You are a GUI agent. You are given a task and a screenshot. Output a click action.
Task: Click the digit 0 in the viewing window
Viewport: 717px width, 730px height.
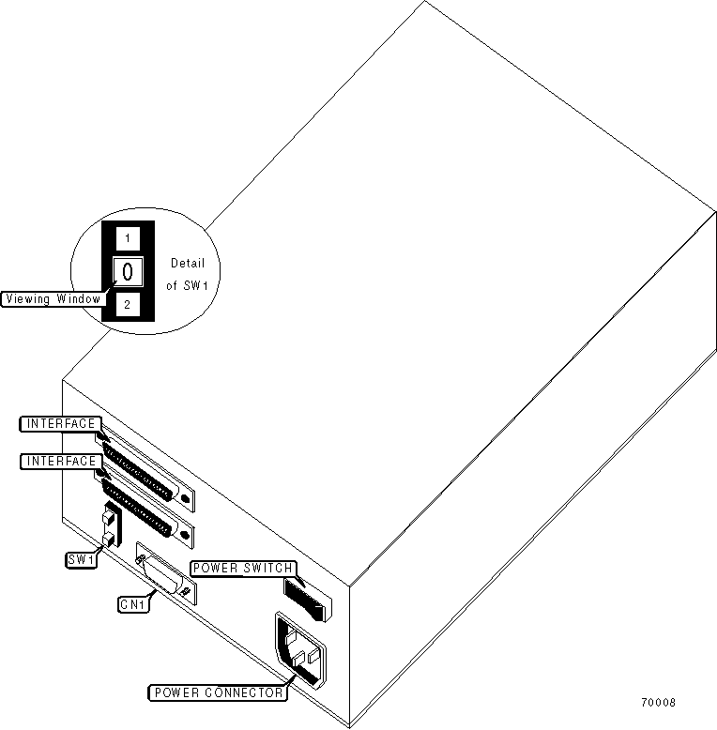point(129,272)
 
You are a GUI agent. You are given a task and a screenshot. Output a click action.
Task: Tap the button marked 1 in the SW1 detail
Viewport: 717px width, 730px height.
point(129,237)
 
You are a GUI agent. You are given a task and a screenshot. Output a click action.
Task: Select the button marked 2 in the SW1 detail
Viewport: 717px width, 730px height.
point(129,305)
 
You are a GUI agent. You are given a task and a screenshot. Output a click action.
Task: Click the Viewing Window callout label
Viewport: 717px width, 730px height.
point(53,298)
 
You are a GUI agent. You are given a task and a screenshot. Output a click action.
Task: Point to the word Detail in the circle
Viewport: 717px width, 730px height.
point(188,264)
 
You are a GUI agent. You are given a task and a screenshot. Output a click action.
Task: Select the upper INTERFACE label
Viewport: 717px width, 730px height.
point(59,424)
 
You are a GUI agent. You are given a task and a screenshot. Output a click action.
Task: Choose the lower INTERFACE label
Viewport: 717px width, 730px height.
point(59,462)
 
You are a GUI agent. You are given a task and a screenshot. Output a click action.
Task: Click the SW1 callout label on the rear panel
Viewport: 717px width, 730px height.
point(81,560)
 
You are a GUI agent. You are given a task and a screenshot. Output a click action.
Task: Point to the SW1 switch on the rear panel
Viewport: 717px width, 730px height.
point(110,527)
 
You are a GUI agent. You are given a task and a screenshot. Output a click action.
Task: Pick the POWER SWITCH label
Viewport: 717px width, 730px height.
point(243,568)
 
